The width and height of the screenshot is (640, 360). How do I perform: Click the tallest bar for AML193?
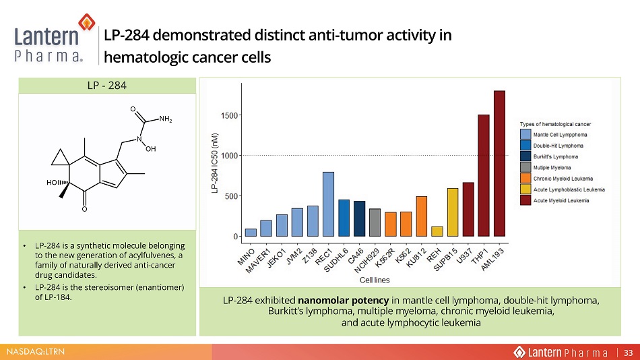tap(499, 163)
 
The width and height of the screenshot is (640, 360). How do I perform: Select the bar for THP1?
tap(484, 176)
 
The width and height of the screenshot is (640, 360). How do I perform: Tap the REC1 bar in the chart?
tap(329, 204)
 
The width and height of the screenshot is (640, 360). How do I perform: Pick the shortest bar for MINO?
tap(251, 233)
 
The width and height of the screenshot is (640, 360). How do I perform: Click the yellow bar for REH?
tap(437, 232)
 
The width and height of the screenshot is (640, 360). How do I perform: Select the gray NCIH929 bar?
tap(375, 222)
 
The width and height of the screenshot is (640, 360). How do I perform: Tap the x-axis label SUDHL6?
tap(336, 260)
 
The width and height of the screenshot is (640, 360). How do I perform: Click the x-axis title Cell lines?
tap(375, 280)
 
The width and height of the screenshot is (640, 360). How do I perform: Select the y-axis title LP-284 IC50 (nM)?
tap(215, 163)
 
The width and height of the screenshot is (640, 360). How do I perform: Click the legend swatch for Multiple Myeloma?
tap(525, 168)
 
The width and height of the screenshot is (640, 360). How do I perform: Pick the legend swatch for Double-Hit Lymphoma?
tap(525, 146)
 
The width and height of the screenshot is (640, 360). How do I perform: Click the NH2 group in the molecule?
tap(165, 119)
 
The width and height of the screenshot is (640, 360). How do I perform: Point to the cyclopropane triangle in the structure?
tap(60, 159)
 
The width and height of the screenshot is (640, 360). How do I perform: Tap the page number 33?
tap(628, 353)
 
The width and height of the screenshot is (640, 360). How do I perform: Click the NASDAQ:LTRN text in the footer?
tap(36, 351)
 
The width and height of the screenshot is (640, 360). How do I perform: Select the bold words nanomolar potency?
tap(344, 301)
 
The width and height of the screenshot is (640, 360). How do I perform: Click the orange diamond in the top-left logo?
tap(86, 22)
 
